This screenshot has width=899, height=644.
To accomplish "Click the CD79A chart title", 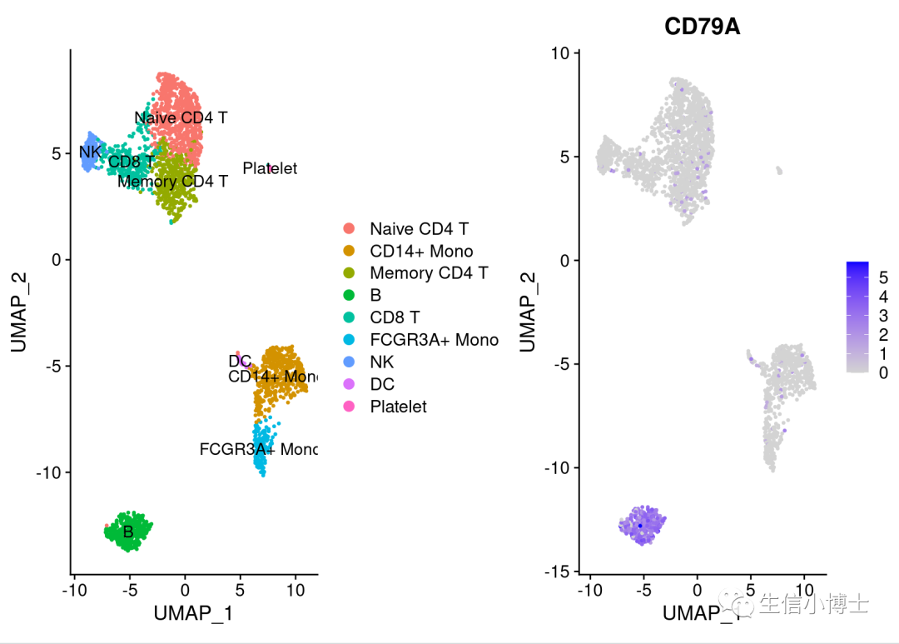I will [702, 27].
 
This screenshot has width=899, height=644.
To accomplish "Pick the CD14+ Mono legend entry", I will [421, 251].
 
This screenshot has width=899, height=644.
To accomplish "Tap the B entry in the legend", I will [375, 295].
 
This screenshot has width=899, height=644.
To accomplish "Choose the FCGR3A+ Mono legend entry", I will [434, 339].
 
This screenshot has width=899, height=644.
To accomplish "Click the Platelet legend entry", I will [398, 407].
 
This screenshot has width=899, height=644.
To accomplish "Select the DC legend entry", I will [382, 384].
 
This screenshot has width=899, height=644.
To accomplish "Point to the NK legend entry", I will [382, 362].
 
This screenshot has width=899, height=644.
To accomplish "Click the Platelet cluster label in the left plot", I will [270, 168].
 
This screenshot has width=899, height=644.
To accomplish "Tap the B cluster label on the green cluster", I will [128, 532].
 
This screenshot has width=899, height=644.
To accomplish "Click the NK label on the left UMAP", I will [90, 152].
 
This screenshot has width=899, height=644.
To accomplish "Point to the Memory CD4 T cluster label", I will [172, 181].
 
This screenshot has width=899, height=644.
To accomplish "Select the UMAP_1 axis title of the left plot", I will [193, 614].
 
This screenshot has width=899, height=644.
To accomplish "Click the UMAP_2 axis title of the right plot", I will [528, 312].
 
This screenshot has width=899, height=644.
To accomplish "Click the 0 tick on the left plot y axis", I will [56, 260].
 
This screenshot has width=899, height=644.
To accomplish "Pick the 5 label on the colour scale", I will [883, 277].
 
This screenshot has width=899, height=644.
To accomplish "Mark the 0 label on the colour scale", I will [883, 372].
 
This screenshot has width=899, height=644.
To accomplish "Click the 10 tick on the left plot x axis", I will [295, 590].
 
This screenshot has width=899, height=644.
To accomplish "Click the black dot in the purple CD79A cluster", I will [639, 525].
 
